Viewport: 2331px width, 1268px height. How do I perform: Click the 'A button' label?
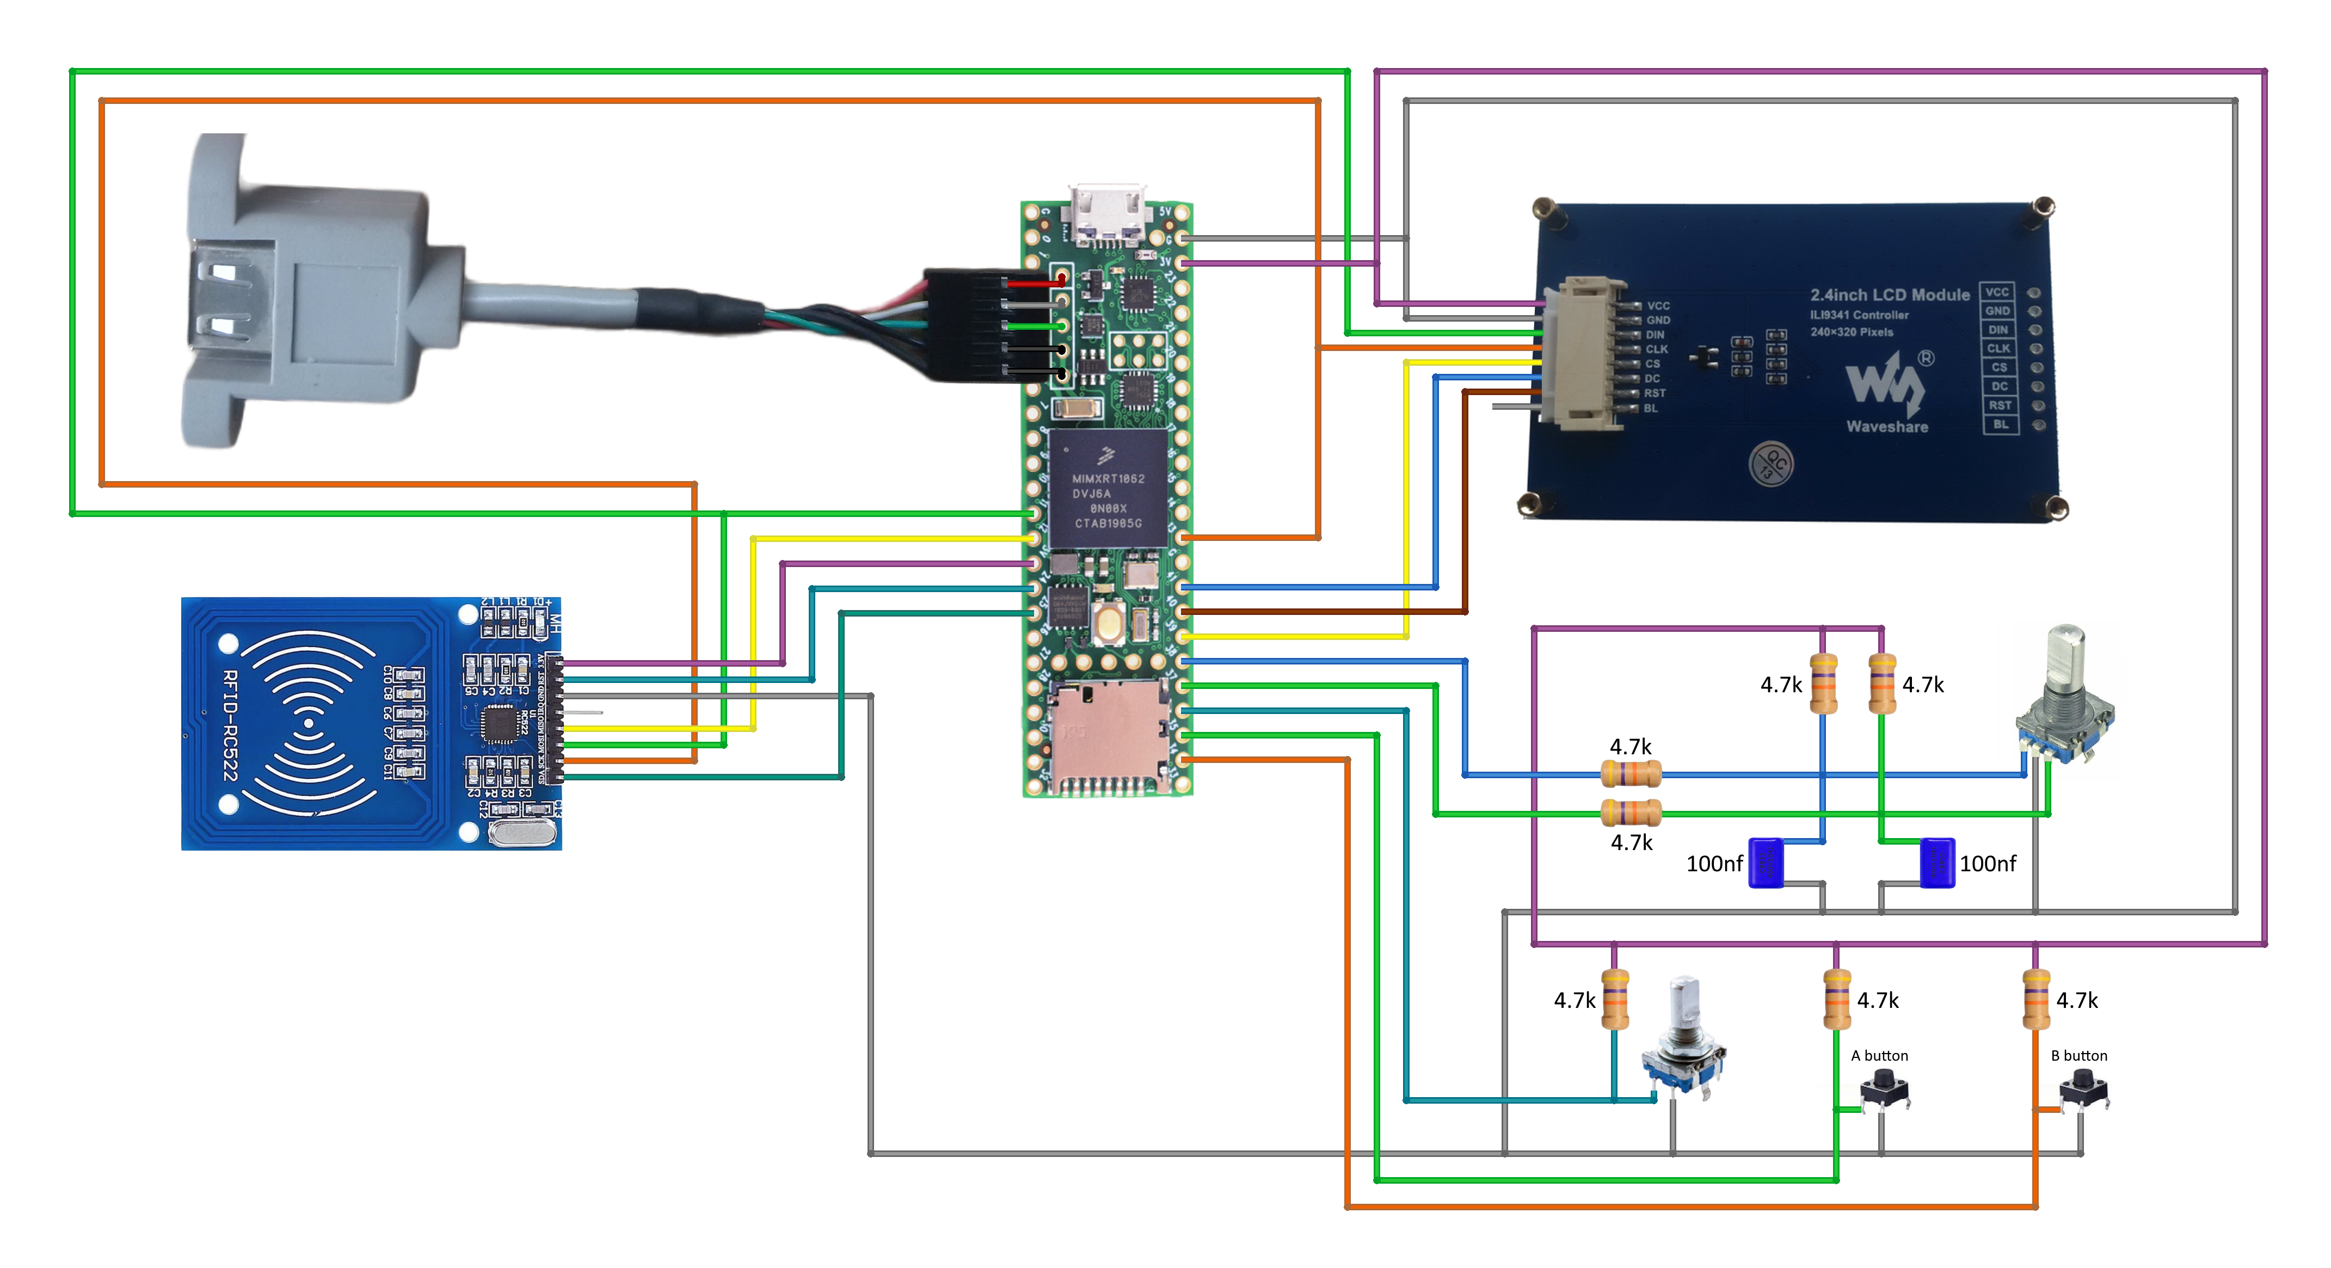[1879, 1055]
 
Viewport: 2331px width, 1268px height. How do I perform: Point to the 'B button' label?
[2078, 1055]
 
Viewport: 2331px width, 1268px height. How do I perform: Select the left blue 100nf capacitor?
[1766, 863]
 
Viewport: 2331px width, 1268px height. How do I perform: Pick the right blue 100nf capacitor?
[1936, 863]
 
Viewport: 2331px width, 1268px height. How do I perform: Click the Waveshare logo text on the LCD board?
[1887, 426]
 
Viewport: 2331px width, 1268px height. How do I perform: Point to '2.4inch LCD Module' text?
[1890, 295]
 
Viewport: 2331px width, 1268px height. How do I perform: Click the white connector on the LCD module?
[1585, 354]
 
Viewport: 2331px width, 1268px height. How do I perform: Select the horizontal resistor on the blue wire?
[1631, 774]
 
